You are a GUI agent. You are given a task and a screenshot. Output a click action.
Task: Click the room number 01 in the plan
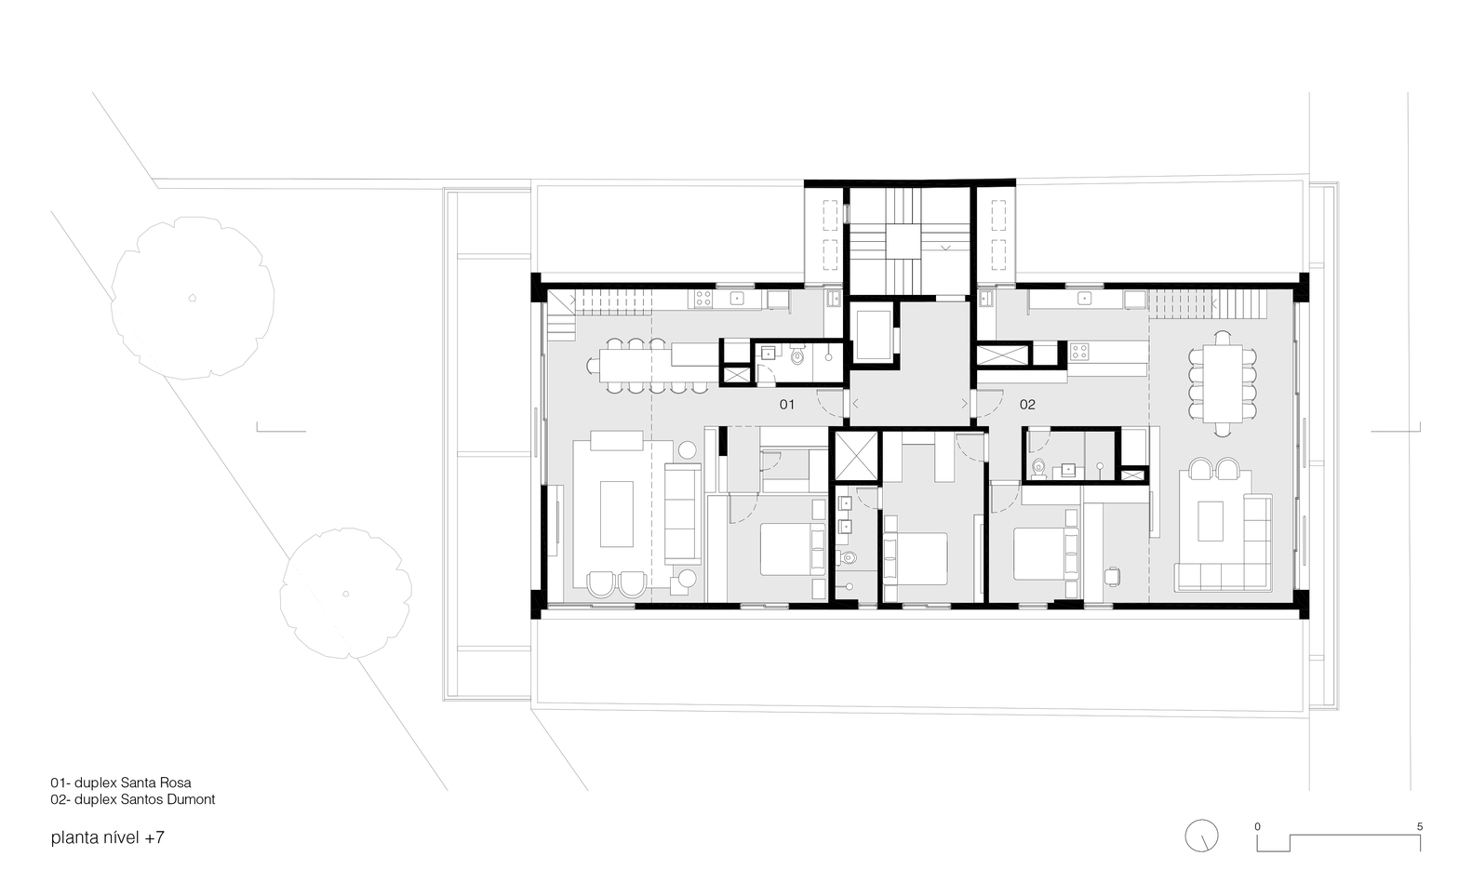787,405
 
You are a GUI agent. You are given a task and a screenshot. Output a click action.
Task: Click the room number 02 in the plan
1027,405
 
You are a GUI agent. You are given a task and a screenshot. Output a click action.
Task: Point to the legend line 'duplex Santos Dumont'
133,799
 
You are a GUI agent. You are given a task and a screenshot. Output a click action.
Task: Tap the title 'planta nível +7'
108,837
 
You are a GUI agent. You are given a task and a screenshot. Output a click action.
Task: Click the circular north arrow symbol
1200,835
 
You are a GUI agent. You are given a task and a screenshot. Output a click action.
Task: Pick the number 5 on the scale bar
1419,826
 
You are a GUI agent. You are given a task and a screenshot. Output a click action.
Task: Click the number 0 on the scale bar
1257,826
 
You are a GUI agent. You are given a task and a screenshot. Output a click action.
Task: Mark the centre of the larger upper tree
193,298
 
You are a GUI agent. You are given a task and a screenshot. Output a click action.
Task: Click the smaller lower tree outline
346,593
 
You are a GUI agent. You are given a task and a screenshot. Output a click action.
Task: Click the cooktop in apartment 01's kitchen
703,299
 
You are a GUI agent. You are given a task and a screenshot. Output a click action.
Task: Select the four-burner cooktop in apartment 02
1079,352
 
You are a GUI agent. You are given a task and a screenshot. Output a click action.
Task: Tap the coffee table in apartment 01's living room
616,513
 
